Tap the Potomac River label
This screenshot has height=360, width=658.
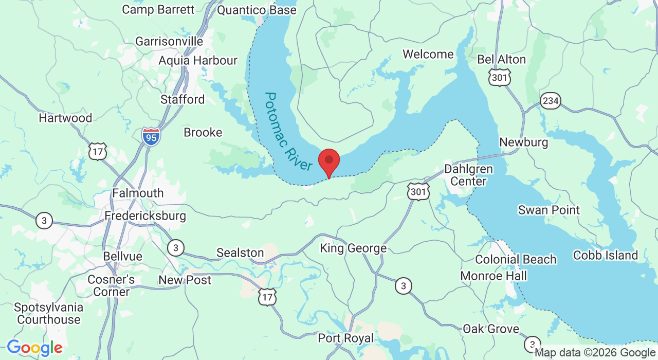[x=289, y=132]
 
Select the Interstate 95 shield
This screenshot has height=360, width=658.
[x=151, y=136]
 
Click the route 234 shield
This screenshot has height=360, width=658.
[x=551, y=101]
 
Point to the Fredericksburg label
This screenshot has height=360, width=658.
[x=145, y=215]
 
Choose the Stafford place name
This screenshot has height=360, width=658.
[x=182, y=99]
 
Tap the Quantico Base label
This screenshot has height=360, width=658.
[x=257, y=10]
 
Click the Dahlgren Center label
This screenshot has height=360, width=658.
[x=468, y=175]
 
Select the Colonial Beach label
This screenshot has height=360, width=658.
[x=516, y=260]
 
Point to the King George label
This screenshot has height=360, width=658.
[x=353, y=248]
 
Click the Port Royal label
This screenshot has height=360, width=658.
[x=345, y=338]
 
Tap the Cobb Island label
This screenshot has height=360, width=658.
[x=605, y=255]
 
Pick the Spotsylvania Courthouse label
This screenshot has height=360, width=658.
[x=48, y=313]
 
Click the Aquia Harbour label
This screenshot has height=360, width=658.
[x=198, y=60]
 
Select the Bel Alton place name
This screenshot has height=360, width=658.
[x=502, y=59]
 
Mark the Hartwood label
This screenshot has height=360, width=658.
[x=65, y=118]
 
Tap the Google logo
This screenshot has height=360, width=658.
[x=34, y=348]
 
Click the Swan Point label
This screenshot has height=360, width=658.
[x=549, y=210]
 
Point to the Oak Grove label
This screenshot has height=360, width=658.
[x=490, y=329]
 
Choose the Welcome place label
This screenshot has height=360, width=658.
[x=428, y=54]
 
